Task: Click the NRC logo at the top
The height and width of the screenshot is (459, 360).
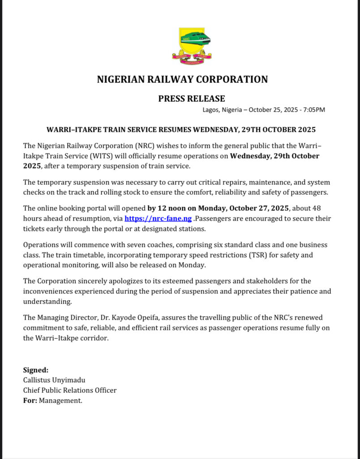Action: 192,44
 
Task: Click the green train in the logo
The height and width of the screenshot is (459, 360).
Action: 195,38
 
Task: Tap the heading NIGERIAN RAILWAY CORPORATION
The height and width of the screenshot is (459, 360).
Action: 182,80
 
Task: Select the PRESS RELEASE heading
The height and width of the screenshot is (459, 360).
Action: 192,99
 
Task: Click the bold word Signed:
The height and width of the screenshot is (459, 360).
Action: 36,370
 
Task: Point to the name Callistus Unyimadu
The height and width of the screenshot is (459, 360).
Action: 54,380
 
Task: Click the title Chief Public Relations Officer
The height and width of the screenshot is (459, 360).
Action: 70,390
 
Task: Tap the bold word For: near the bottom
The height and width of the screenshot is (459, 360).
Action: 30,401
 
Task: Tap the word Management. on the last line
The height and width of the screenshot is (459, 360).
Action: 60,401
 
